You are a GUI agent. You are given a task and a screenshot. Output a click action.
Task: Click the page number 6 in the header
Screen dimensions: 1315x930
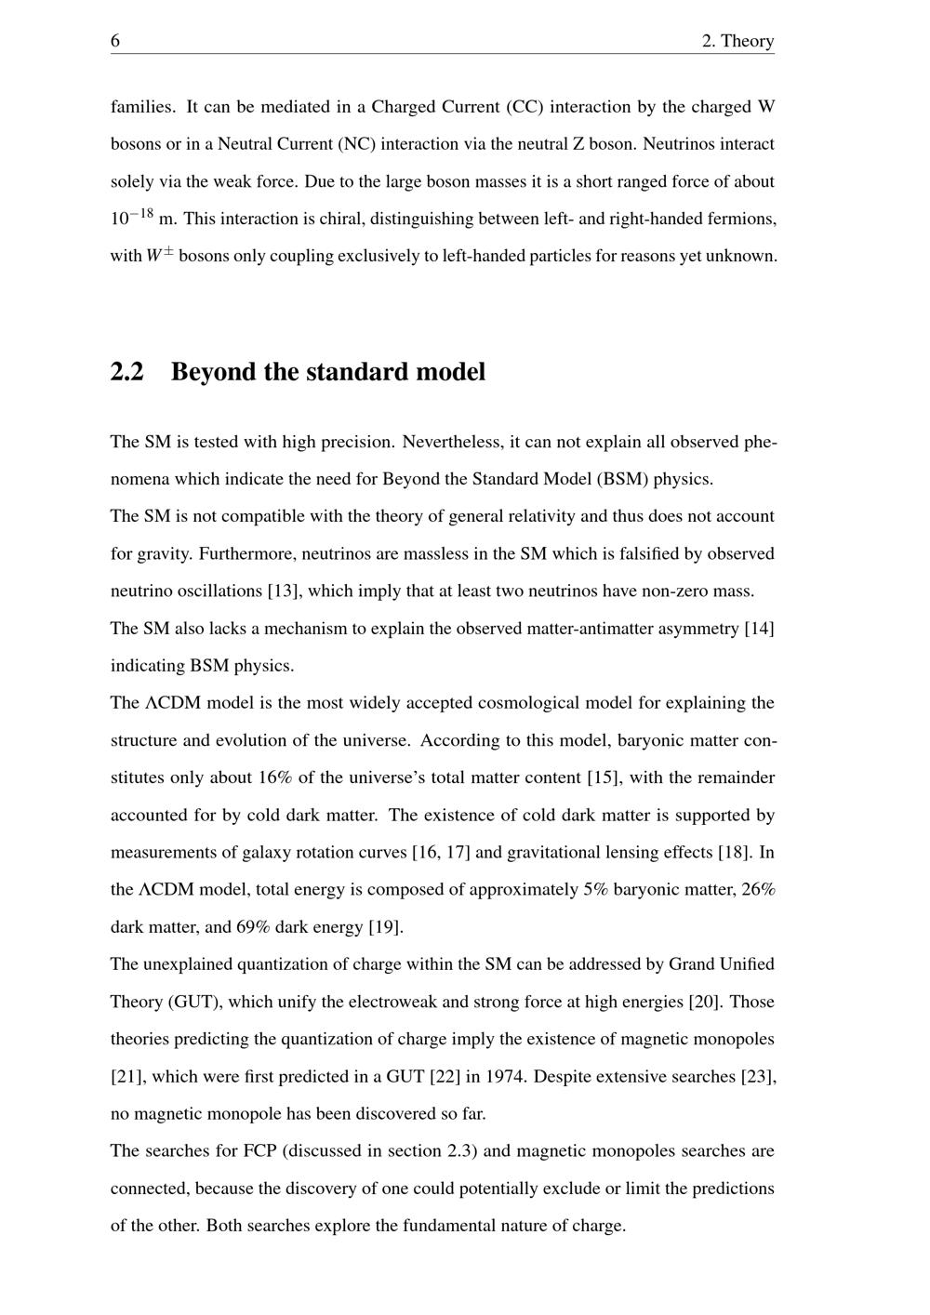(x=115, y=41)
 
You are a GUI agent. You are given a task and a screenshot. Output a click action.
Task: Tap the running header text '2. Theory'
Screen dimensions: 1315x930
(x=737, y=41)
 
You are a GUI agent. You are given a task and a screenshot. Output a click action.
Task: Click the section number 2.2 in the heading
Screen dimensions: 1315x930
(x=127, y=372)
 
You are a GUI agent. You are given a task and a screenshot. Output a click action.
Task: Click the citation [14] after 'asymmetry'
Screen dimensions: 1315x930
(x=759, y=629)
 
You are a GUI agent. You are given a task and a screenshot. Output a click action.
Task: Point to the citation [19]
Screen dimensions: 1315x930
(x=385, y=927)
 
